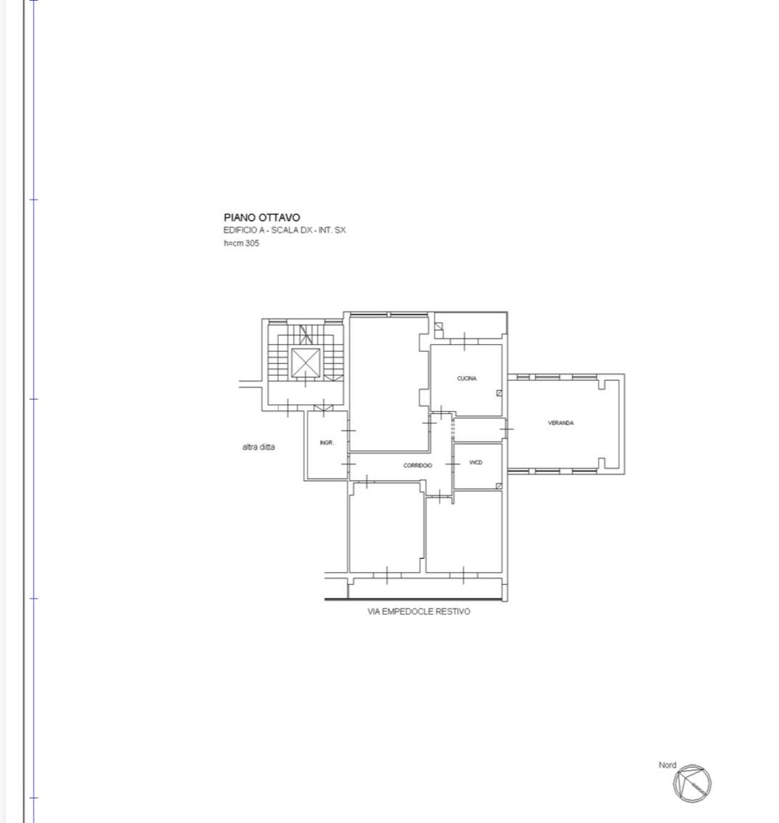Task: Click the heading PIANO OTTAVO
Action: (262, 217)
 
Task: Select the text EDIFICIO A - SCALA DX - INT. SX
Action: (285, 230)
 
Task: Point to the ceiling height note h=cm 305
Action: (241, 243)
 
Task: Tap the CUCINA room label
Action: (467, 378)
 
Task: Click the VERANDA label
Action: (560, 423)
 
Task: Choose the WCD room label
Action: (476, 463)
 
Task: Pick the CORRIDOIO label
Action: (417, 466)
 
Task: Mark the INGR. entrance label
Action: (327, 443)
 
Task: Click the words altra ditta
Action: (258, 447)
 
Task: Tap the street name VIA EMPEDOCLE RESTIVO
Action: (419, 612)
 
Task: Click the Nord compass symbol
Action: (693, 784)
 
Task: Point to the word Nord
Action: (667, 766)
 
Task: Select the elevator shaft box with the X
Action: (306, 362)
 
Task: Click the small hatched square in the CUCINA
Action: (499, 393)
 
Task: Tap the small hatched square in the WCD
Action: (499, 486)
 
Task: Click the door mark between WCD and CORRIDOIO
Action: (453, 464)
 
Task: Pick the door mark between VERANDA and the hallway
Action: (506, 429)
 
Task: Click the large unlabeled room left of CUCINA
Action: (388, 384)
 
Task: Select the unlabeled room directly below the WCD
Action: (464, 532)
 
